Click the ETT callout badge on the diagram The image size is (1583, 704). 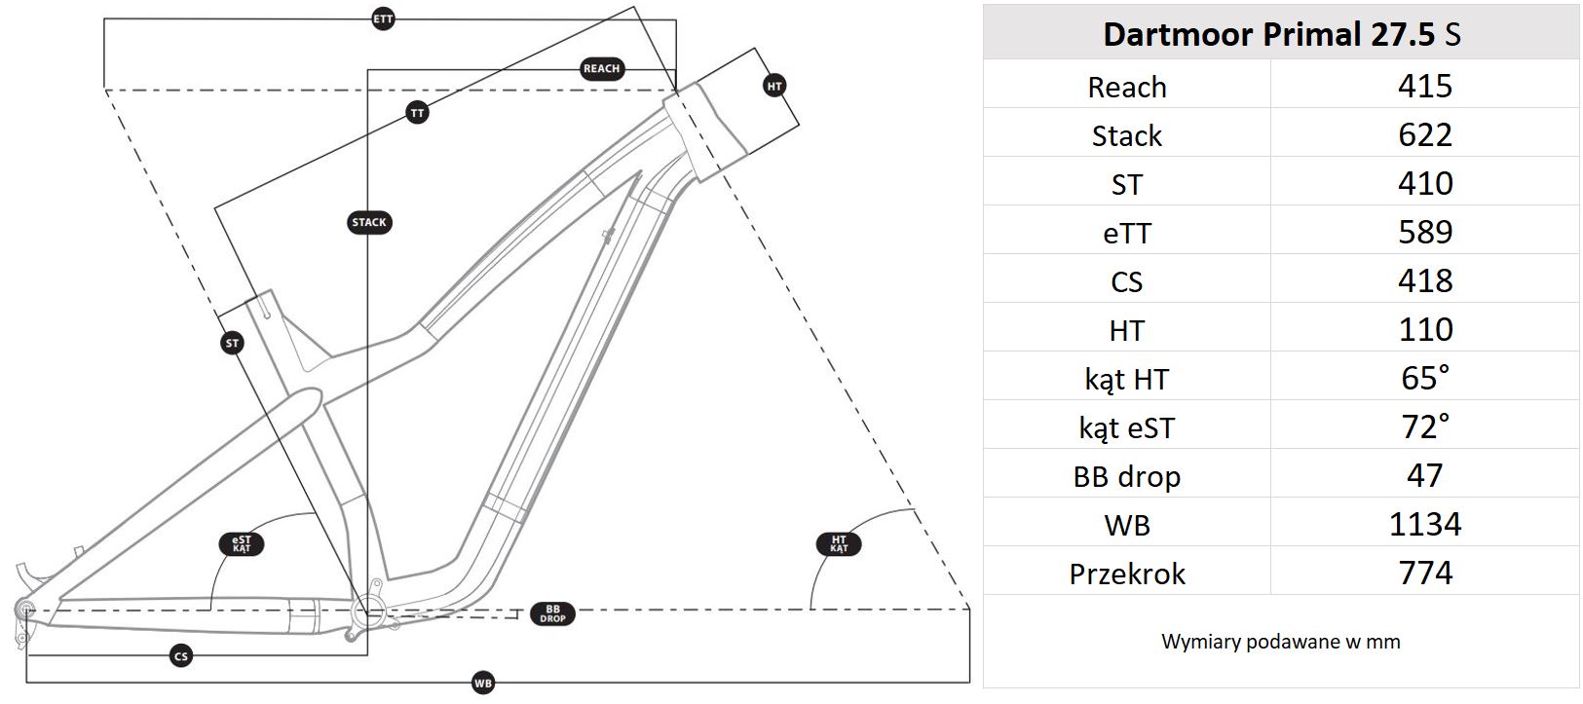coord(383,19)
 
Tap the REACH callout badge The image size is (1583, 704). coord(601,68)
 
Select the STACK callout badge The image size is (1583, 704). coord(369,222)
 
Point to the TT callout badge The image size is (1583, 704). coord(418,113)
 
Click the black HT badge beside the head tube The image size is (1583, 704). coord(774,86)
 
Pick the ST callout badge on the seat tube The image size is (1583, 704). coord(232,344)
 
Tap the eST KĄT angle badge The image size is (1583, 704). coord(242,544)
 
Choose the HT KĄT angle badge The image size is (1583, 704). coord(839,544)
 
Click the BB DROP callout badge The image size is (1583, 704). coord(552,613)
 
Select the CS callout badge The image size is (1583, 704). coord(181,656)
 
